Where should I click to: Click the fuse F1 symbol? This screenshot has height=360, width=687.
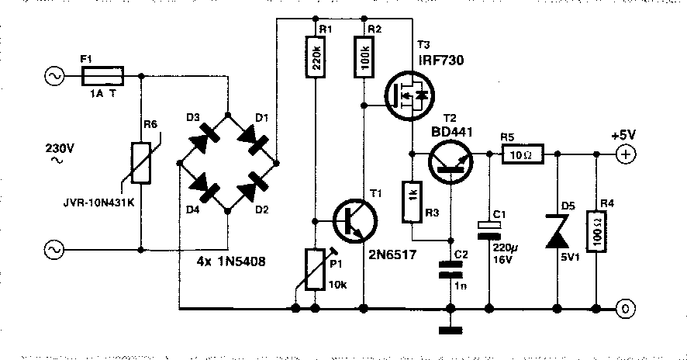coord(102,76)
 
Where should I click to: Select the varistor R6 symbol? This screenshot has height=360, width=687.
coord(142,162)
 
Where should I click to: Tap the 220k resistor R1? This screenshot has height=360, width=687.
coord(315,56)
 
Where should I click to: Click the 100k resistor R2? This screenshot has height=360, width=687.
coord(364,56)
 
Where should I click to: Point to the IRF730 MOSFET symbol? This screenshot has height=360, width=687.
coord(409,96)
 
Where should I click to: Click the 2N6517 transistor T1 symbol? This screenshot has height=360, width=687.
coord(355,220)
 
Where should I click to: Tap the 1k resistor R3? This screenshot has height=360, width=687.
coord(413,201)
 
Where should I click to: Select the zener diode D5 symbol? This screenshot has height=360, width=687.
coord(557,231)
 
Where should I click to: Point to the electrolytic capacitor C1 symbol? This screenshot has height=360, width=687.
coord(489,230)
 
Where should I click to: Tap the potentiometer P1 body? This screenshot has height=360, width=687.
coord(315,269)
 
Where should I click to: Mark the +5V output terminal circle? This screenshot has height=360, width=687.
coord(625,154)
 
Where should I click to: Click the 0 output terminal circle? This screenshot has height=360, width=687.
coord(625,309)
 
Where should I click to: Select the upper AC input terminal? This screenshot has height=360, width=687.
coord(54,76)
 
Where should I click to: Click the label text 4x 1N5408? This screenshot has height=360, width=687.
coord(231,261)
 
